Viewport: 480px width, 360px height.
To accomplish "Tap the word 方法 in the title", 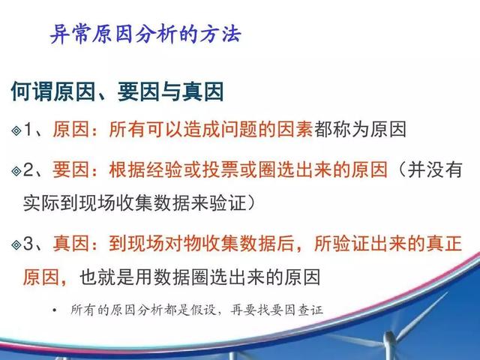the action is pos(220,34).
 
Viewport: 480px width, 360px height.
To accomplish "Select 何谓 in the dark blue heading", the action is pos(31,91).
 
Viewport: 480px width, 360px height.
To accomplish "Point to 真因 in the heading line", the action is pos(203,91).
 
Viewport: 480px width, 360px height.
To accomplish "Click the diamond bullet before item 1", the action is pos(16,130).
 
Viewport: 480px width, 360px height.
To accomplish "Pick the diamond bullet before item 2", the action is pos(16,171).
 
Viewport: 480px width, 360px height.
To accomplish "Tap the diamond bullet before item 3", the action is pos(16,245).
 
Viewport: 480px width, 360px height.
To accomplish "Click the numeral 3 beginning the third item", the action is pos(28,244).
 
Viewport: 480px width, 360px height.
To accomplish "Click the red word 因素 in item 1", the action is pos(295,129).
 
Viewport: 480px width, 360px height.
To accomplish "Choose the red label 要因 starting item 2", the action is pos(70,169).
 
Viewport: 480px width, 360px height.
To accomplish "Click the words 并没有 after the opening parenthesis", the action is pos(435,169).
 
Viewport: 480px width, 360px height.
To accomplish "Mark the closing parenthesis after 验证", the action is pos(251,203).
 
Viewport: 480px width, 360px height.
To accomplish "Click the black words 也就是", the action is pos(106,277).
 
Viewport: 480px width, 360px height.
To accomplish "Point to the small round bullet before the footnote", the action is pos(55,310).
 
